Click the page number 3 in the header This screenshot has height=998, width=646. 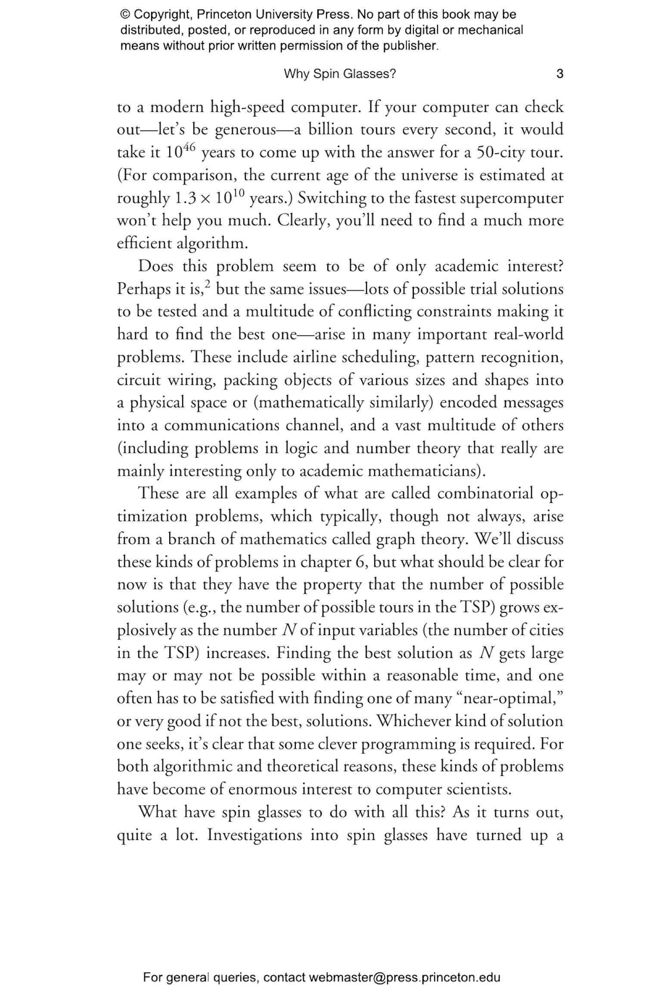pyautogui.click(x=559, y=74)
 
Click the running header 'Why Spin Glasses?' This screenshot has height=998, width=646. pyautogui.click(x=339, y=74)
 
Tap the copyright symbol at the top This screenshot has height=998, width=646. pyautogui.click(x=125, y=15)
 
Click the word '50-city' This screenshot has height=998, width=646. pyautogui.click(x=503, y=152)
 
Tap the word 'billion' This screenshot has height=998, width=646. pyautogui.click(x=329, y=130)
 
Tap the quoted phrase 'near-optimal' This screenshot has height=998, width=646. pyautogui.click(x=509, y=698)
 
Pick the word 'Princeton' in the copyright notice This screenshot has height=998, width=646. pyautogui.click(x=224, y=15)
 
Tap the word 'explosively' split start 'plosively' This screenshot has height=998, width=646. pyautogui.click(x=144, y=631)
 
